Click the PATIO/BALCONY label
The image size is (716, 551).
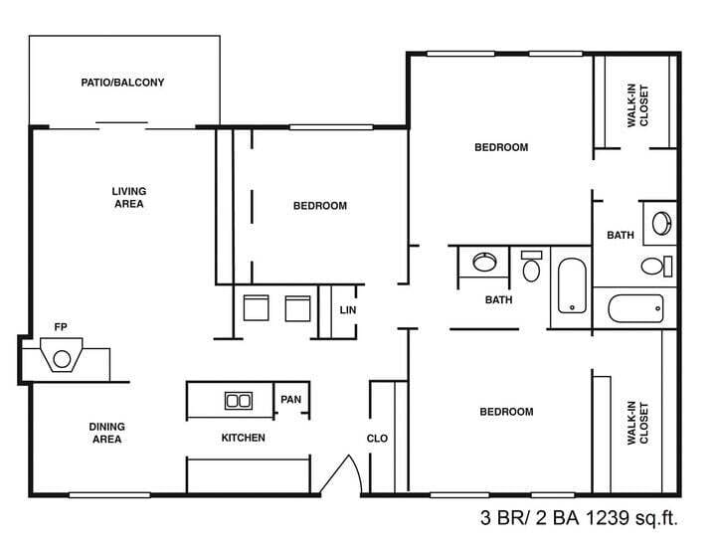122,83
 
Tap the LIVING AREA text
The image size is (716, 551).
128,197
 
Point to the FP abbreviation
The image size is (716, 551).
61,326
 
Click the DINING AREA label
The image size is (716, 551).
106,433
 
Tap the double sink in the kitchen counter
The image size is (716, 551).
238,401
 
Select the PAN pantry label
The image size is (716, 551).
290,400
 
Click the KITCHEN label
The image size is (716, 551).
243,438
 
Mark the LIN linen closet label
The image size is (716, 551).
347,310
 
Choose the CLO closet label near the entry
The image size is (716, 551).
377,438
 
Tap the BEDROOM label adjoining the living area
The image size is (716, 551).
319,206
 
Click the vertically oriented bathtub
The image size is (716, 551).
572,285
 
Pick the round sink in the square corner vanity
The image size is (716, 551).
660,222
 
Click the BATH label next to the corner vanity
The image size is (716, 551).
621,236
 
